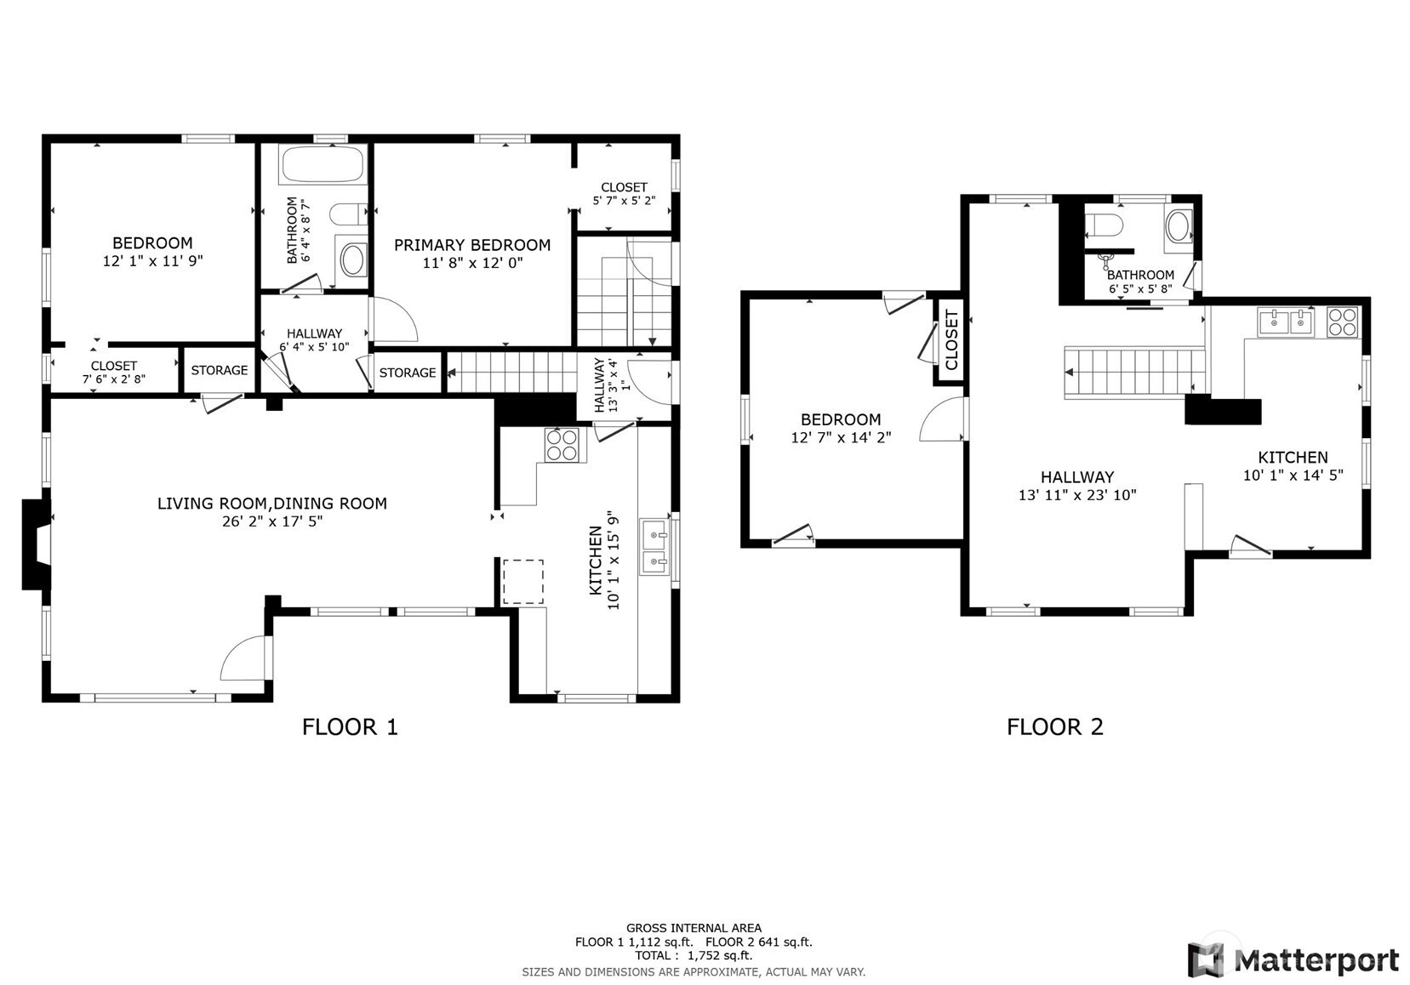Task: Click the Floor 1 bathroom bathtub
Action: [x=323, y=164]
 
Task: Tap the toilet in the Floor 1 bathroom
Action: [x=349, y=214]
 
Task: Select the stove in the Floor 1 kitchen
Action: [x=562, y=445]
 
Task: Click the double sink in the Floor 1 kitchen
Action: [x=654, y=546]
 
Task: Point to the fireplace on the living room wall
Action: [x=37, y=544]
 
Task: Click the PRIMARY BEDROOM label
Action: [x=472, y=245]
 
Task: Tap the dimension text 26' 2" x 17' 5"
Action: [x=272, y=521]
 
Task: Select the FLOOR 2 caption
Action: [x=1055, y=727]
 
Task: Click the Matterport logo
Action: [x=1293, y=960]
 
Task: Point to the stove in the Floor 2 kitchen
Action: [x=1342, y=322]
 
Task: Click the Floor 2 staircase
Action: [x=1134, y=373]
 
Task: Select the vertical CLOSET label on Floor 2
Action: [x=951, y=340]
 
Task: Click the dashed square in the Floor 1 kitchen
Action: [x=522, y=582]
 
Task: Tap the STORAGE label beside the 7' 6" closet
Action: [x=219, y=370]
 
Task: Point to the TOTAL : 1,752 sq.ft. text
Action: [x=694, y=955]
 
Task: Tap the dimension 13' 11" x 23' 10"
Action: [x=1077, y=495]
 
